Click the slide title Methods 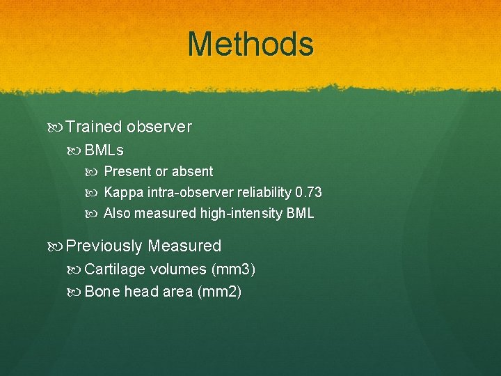pyautogui.click(x=250, y=44)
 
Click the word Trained pyautogui.click(x=94, y=127)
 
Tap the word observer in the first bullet pyautogui.click(x=159, y=127)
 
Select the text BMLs pyautogui.click(x=104, y=150)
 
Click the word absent pyautogui.click(x=193, y=171)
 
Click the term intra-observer pyautogui.click(x=185, y=193)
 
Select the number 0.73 pyautogui.click(x=308, y=193)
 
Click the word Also pyautogui.click(x=117, y=214)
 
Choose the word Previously pyautogui.click(x=104, y=246)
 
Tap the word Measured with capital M pyautogui.click(x=184, y=246)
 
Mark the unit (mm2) pyautogui.click(x=219, y=292)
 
